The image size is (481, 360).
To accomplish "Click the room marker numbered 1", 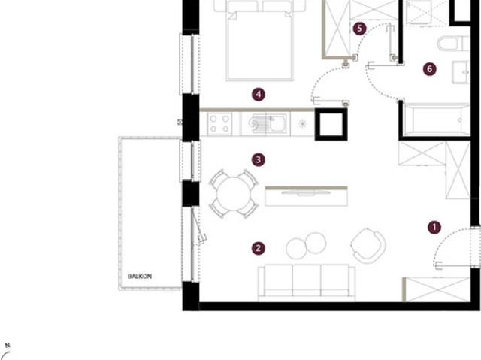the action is [x=434, y=227].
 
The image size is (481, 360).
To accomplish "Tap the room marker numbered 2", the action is [x=259, y=248].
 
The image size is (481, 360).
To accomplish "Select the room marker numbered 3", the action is [x=259, y=159].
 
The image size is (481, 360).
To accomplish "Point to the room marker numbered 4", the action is [x=259, y=95].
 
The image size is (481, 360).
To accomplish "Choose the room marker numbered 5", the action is [x=359, y=29].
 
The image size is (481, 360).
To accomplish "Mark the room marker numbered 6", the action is [x=429, y=69].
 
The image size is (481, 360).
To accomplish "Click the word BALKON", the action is [x=140, y=277].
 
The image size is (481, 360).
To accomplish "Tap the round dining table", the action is [x=234, y=194].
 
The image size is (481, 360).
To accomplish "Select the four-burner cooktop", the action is [x=219, y=123].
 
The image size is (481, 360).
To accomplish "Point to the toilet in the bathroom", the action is [x=453, y=44].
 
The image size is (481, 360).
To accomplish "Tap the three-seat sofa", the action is [x=307, y=283].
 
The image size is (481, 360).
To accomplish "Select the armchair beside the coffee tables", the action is [x=368, y=246].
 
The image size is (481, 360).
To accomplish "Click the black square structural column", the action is [x=331, y=124].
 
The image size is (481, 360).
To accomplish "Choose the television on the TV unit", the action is [x=306, y=193].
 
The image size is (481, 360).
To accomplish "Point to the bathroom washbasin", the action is [x=461, y=72].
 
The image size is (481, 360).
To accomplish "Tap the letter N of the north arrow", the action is [x=8, y=346].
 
